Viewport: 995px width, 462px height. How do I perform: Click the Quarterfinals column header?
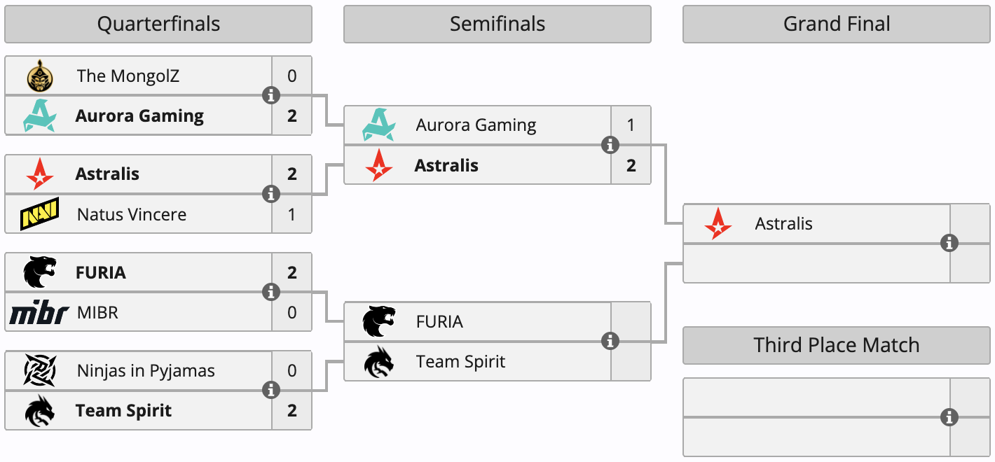coord(158,24)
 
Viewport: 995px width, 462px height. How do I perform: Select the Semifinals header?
coord(497,24)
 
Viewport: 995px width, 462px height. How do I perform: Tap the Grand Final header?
coord(837,24)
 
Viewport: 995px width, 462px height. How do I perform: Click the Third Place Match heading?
coord(837,345)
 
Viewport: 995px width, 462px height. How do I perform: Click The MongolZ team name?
coord(128,76)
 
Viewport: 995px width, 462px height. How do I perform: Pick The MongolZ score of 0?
coord(292,76)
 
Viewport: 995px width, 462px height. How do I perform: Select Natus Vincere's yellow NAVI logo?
coord(39,213)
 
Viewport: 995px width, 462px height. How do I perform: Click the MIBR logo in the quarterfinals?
coord(39,312)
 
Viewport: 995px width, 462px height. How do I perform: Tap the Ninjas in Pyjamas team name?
coord(146,370)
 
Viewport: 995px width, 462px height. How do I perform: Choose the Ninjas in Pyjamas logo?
coord(39,370)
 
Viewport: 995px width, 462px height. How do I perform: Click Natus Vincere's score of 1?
coord(292,213)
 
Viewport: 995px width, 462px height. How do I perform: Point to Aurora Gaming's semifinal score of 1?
coord(631,125)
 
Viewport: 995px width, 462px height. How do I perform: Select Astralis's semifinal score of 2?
coord(631,165)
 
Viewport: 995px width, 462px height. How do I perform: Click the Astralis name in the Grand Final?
coord(783,224)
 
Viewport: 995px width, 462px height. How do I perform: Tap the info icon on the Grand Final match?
coord(949,243)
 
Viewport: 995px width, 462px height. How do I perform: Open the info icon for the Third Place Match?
coord(949,417)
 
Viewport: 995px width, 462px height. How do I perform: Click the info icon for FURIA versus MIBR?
coord(271,292)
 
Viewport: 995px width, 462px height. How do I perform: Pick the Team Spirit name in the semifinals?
coord(460,361)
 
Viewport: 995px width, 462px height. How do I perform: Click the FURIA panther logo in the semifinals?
coord(378,321)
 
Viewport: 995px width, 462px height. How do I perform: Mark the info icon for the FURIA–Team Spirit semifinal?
coord(610,341)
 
